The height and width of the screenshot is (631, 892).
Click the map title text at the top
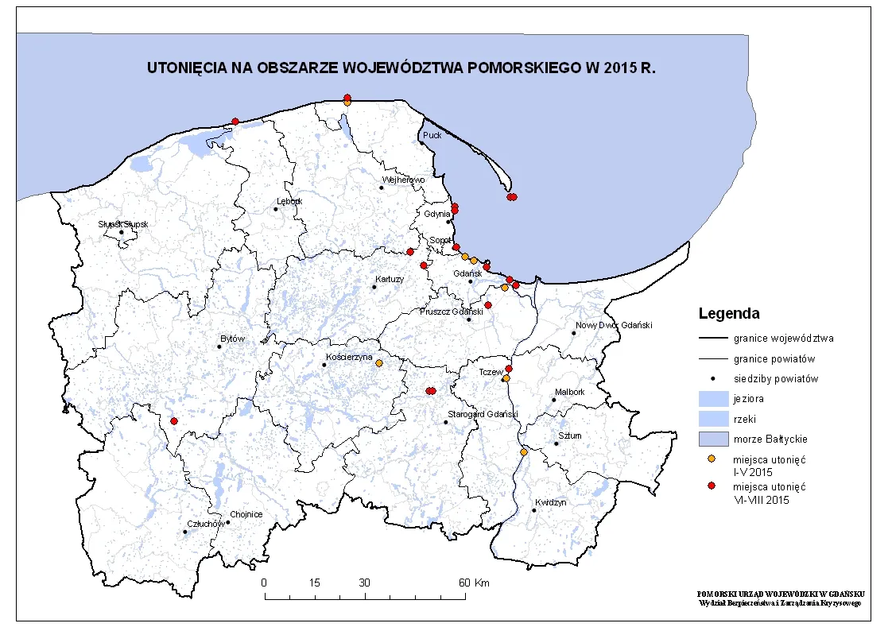[401, 68]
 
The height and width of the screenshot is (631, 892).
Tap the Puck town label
[432, 135]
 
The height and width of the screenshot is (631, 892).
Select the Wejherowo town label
[404, 180]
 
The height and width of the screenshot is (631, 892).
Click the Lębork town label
[289, 201]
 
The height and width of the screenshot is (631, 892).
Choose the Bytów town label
[232, 339]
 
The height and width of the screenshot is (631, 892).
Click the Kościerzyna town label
[349, 358]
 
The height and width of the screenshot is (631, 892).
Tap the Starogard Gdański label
[483, 414]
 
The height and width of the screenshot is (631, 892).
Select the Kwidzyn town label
[550, 503]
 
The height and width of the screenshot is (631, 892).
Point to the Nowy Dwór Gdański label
[614, 325]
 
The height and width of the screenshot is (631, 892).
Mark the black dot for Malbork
[554, 399]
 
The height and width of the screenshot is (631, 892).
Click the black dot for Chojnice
[228, 522]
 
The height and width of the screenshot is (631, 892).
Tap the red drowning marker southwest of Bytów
[174, 420]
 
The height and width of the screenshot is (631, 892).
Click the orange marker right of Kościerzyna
[378, 363]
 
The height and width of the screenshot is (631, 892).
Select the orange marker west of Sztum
[523, 452]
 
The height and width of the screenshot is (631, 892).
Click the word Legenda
[728, 313]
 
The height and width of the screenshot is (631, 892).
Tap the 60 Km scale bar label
[475, 583]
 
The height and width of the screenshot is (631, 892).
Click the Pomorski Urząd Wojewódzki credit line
[781, 594]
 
